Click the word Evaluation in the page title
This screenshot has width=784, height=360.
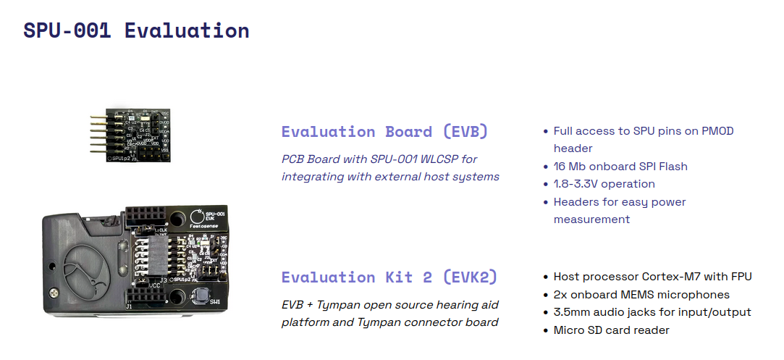coord(187,30)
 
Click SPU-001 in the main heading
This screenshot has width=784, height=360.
coord(67,30)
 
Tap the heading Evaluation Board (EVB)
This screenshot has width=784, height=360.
coord(384,132)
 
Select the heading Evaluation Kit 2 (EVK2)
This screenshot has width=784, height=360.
coord(389,277)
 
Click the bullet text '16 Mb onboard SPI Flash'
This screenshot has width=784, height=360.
coord(620,167)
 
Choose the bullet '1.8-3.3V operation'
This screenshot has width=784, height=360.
coord(604,184)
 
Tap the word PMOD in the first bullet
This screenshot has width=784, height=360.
coord(717,131)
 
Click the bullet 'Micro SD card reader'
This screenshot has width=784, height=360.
coord(611,330)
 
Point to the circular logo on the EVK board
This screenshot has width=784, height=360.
coord(196,216)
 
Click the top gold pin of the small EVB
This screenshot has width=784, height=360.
coord(98,117)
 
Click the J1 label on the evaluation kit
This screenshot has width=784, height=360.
coord(129,306)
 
